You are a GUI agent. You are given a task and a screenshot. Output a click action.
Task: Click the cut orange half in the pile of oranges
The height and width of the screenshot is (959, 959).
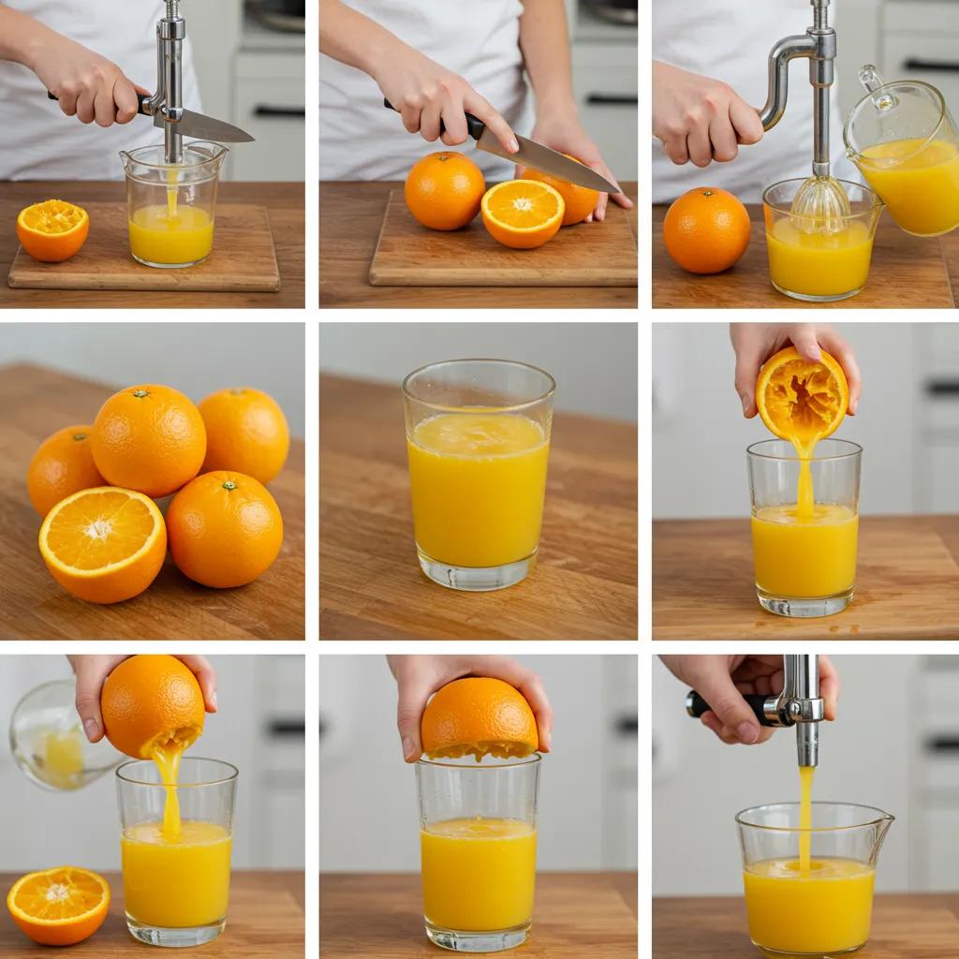tap(102, 544)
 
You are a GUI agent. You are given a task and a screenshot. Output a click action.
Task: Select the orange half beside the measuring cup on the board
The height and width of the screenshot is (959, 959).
tap(52, 230)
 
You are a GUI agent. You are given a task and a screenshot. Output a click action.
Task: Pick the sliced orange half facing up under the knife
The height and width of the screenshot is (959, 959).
tap(523, 214)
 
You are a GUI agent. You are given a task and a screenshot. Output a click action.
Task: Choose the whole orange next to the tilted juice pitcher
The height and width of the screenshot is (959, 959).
tap(706, 229)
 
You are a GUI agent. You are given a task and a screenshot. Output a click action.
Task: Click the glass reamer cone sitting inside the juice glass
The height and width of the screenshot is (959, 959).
tap(820, 201)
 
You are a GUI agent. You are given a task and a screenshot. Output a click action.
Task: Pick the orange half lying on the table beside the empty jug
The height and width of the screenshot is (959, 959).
tap(58, 904)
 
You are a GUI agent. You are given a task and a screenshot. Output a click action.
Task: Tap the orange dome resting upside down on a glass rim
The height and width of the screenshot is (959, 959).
tap(479, 718)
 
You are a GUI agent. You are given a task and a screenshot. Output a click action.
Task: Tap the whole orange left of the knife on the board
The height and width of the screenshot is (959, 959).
tap(444, 191)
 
